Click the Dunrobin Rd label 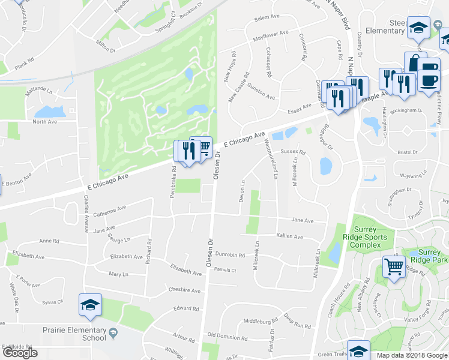tap(230, 255)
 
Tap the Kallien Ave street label tap(289, 236)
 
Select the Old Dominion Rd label tap(228, 335)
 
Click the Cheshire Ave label tap(184, 290)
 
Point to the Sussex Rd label tap(294, 152)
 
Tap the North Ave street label tap(44, 122)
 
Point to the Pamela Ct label tap(226, 270)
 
